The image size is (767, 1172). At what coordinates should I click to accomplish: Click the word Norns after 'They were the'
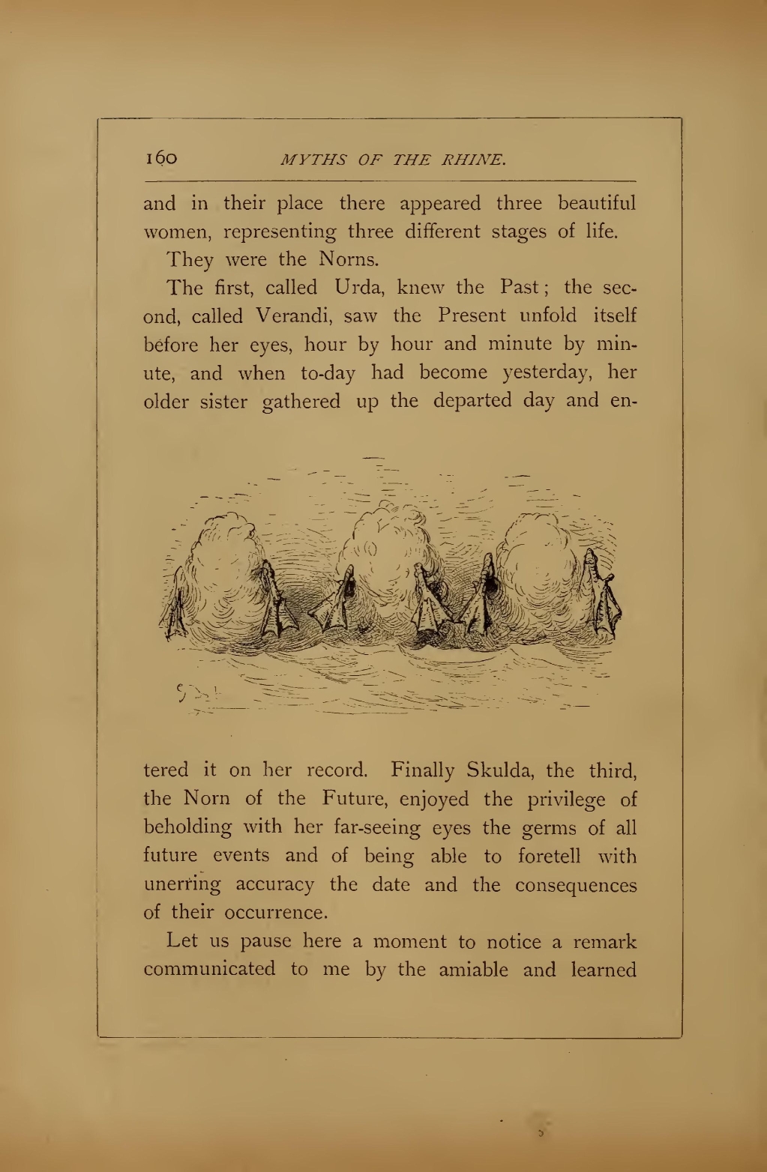[x=347, y=259]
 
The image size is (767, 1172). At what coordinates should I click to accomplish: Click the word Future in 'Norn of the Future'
[x=354, y=799]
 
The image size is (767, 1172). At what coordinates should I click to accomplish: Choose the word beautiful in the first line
[x=597, y=203]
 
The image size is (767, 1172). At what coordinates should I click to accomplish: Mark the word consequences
[x=575, y=884]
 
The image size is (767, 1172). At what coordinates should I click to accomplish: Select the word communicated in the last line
[x=209, y=970]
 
